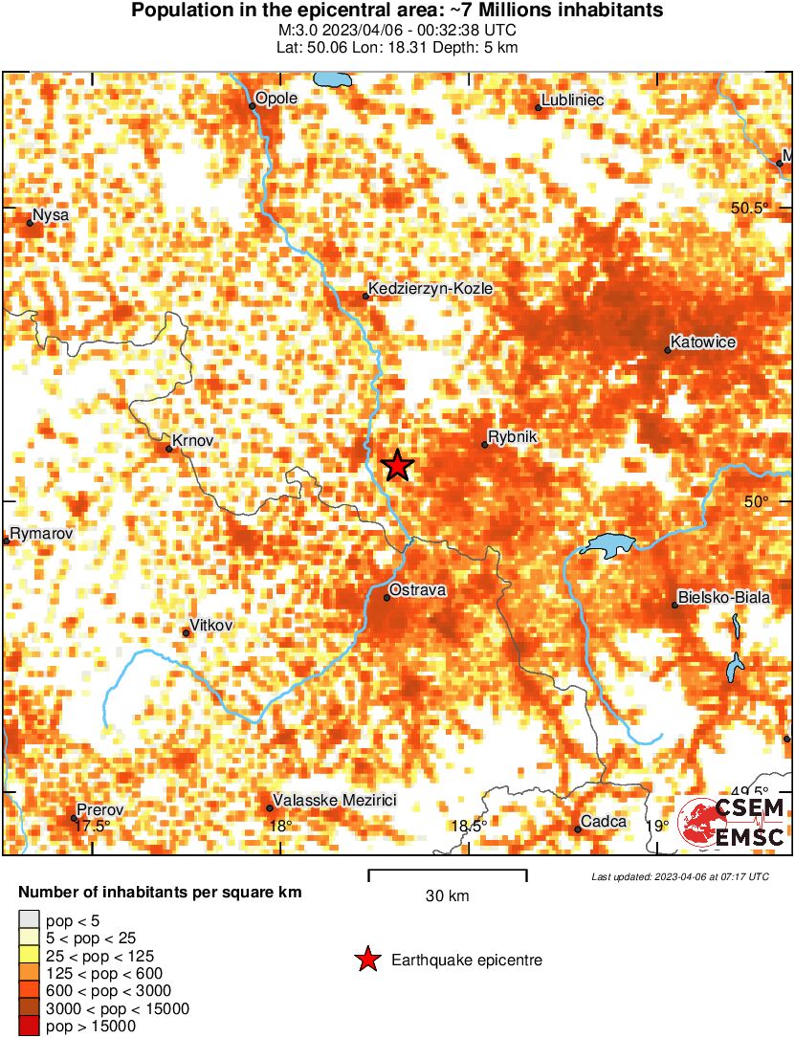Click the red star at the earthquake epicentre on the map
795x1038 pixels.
click(x=398, y=465)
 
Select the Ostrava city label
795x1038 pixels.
click(x=418, y=590)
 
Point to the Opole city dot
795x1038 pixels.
click(x=253, y=106)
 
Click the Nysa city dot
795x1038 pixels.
click(x=30, y=223)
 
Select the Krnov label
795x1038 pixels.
click(x=192, y=440)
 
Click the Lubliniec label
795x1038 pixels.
click(x=572, y=99)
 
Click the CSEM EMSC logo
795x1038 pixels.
click(x=732, y=823)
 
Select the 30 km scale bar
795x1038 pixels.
click(x=448, y=872)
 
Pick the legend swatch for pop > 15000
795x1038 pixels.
click(x=29, y=1026)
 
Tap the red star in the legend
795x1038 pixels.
click(x=366, y=960)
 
